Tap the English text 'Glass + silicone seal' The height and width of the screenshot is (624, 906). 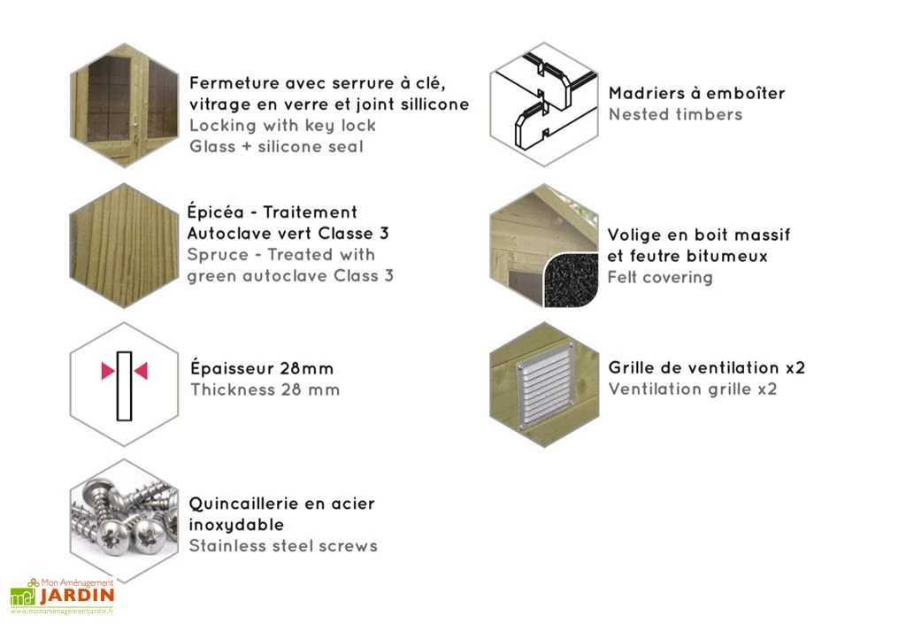[276, 147]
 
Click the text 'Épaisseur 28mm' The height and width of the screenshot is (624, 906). [262, 368]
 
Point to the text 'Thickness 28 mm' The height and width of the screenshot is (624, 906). [265, 389]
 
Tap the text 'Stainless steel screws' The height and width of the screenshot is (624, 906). [283, 546]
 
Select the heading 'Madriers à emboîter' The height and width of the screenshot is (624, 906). [696, 93]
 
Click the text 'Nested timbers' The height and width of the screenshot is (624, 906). [675, 114]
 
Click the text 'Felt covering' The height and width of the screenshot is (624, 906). [659, 278]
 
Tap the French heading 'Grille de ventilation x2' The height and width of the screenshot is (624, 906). [706, 367]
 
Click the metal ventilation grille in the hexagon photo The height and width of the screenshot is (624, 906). [544, 385]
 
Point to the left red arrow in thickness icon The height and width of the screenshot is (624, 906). [107, 371]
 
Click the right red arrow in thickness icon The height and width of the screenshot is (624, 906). [141, 371]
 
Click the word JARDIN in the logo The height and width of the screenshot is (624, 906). [78, 597]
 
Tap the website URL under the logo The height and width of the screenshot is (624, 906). [63, 612]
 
